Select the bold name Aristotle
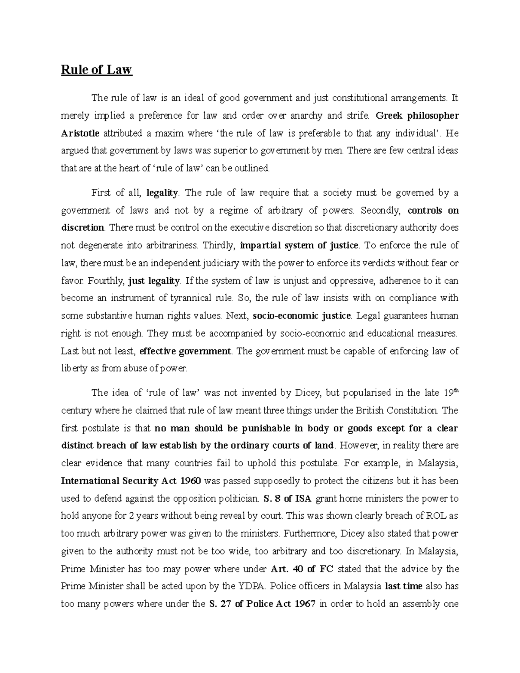click(80, 133)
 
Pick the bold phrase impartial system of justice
click(299, 246)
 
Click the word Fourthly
click(106, 281)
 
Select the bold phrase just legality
click(154, 281)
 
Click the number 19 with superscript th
click(451, 393)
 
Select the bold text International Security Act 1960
click(131, 481)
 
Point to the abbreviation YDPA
click(250, 586)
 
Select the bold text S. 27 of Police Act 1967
click(262, 604)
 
